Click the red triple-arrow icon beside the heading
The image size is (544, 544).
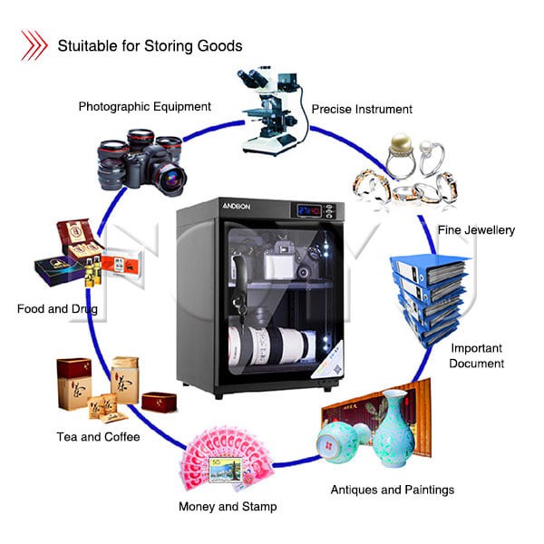pos(34,44)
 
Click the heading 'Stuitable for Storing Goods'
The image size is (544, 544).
pos(150,45)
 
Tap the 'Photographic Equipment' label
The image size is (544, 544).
pos(145,106)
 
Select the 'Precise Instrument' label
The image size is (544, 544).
pos(362,110)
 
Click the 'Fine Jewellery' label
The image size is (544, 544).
pos(476,230)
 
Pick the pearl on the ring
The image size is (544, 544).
pos(400,143)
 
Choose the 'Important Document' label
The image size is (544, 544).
pos(477,355)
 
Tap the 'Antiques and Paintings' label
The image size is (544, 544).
pos(393,490)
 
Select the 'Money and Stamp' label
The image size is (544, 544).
pos(228,506)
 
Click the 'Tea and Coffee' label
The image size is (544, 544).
pos(98,437)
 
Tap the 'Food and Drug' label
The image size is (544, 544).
pos(57,309)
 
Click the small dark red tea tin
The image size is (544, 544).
pos(157,400)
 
